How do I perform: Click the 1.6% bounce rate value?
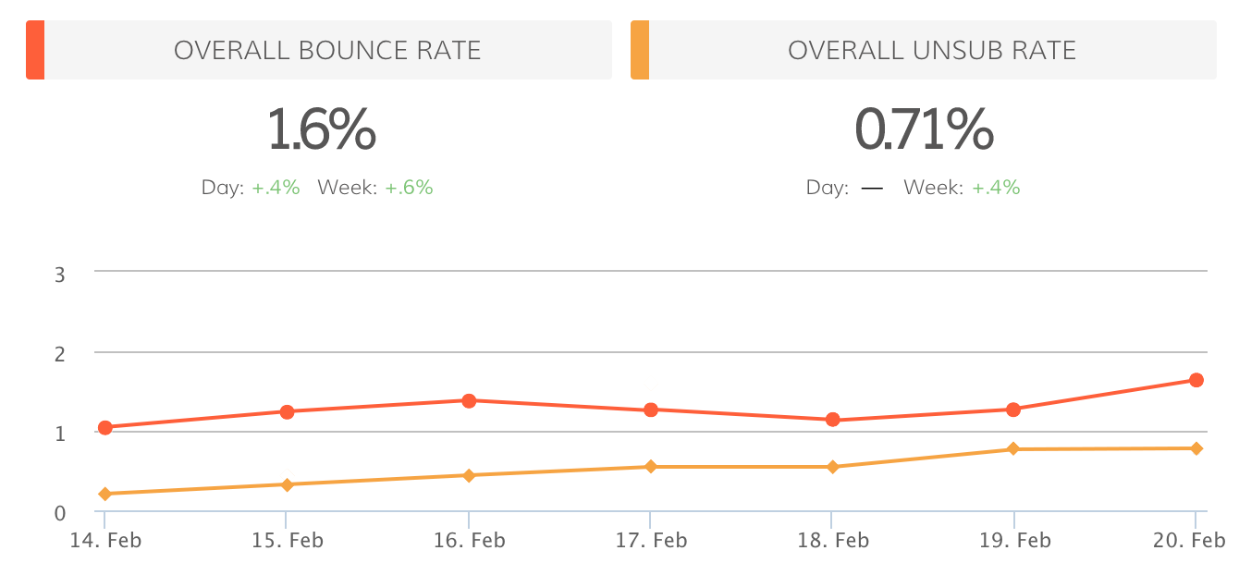322,129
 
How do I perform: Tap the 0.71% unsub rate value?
924,129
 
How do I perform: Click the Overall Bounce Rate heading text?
327,50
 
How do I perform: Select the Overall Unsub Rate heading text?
932,50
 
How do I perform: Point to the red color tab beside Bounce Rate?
35,50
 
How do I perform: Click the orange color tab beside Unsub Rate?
640,50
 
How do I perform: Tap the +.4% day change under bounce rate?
276,188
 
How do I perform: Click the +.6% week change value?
409,188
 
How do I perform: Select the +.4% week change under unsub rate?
996,188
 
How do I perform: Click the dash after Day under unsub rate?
872,188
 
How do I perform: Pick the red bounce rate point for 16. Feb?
469,400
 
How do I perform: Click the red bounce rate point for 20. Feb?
1196,380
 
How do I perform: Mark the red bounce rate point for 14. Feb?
105,427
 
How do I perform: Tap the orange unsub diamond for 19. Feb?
1013,449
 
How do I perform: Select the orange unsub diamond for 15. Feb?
287,484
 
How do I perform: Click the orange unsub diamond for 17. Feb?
651,467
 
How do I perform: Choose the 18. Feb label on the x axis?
833,541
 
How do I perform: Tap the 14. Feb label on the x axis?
106,541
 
